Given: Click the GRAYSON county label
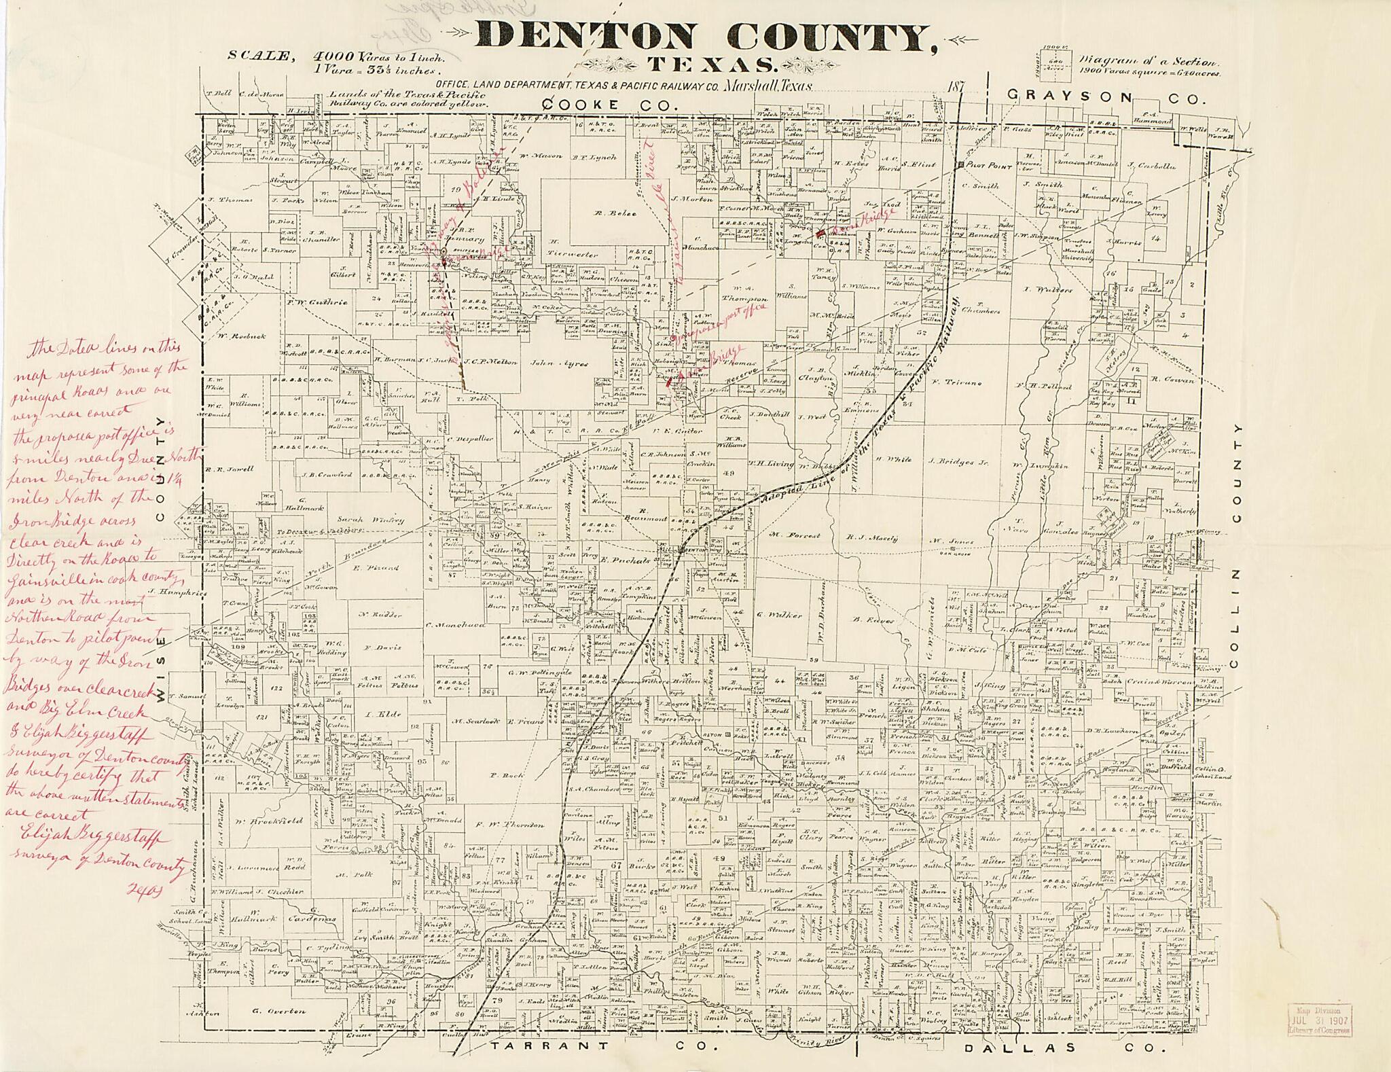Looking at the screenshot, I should click(1069, 97).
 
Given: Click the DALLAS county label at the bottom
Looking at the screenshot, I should click(1005, 1048).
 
